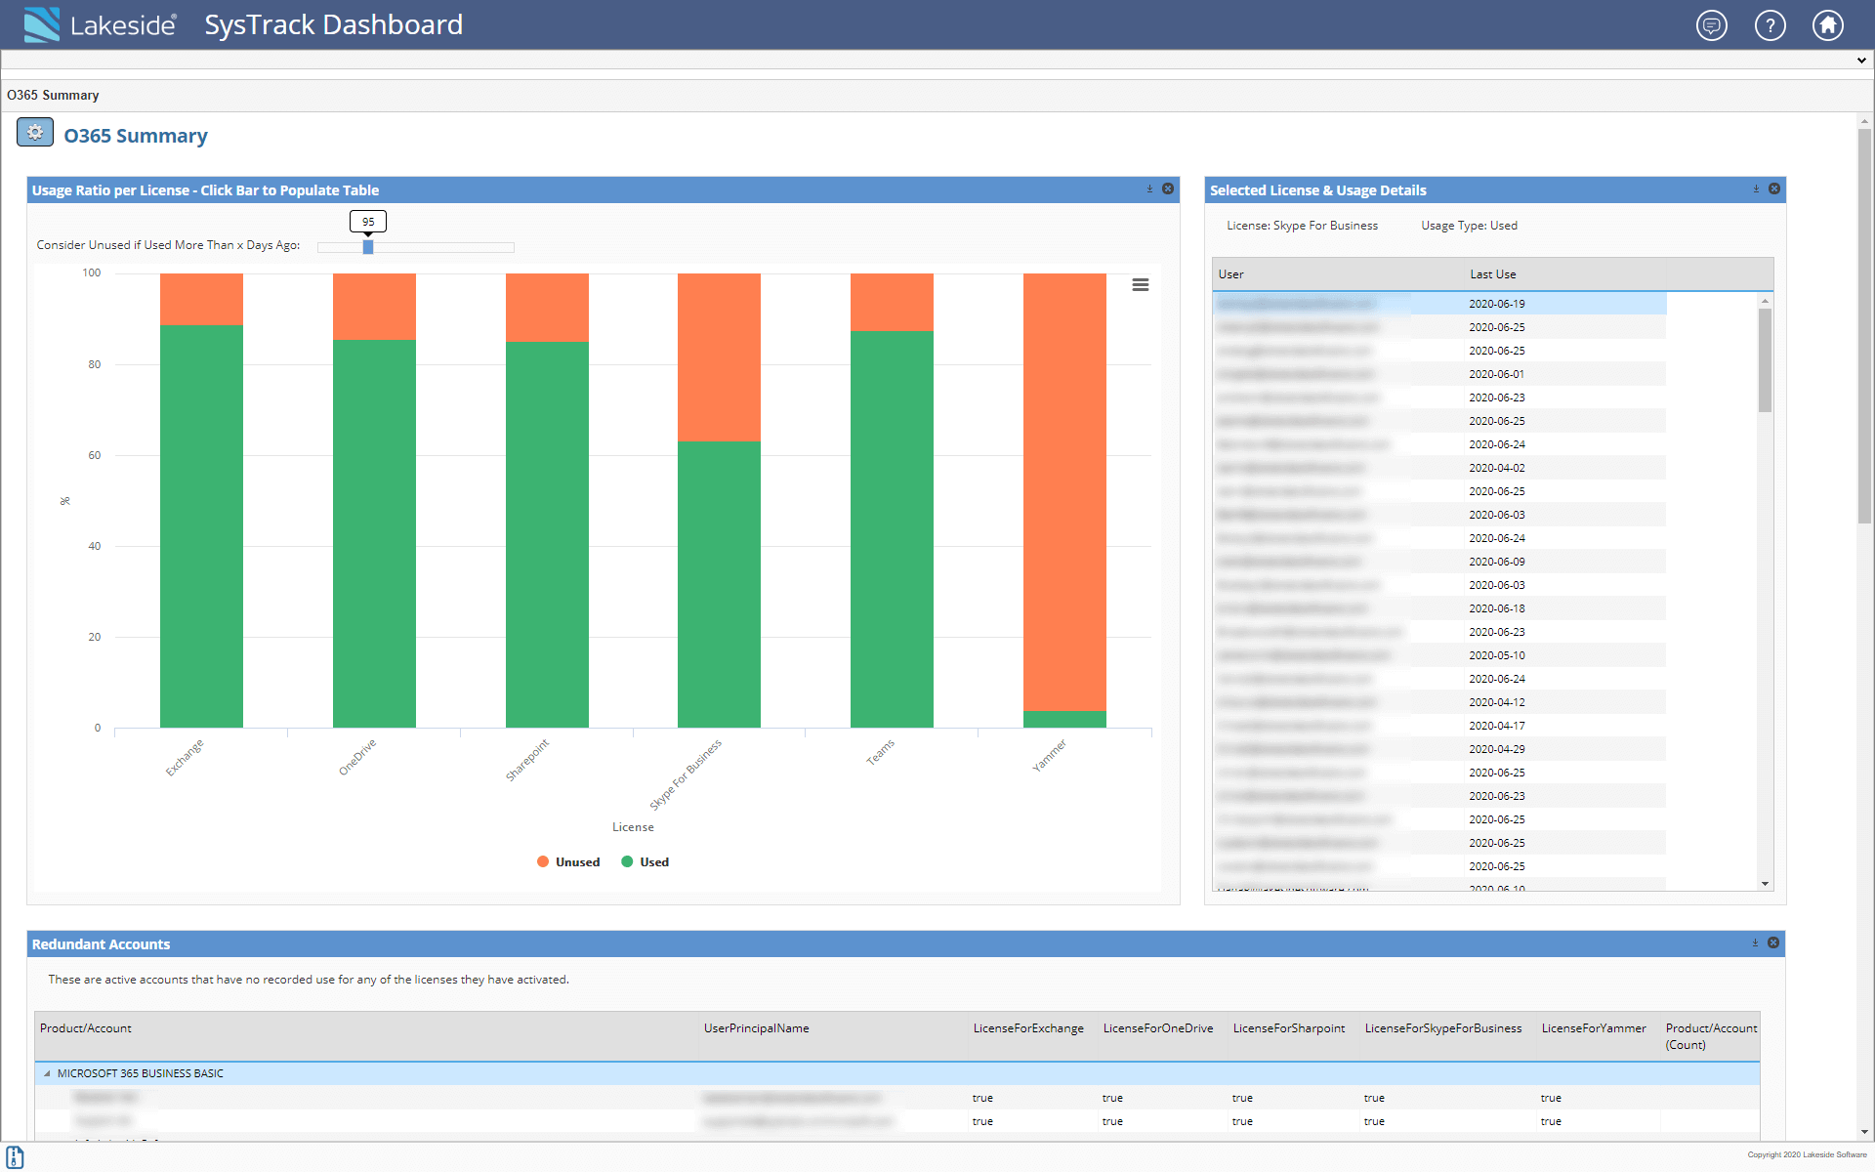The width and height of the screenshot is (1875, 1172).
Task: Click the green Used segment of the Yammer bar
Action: pyautogui.click(x=1064, y=719)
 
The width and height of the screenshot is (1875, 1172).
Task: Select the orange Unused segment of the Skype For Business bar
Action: pyautogui.click(x=719, y=356)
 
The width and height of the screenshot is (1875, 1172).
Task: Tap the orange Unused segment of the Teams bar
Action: pyautogui.click(x=892, y=302)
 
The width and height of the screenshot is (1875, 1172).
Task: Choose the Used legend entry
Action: pyautogui.click(x=646, y=861)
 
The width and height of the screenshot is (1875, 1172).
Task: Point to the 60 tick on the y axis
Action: pyautogui.click(x=95, y=455)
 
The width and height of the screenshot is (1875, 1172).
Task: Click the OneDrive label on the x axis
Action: pyautogui.click(x=357, y=757)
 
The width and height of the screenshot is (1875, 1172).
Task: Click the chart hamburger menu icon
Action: pyautogui.click(x=1140, y=285)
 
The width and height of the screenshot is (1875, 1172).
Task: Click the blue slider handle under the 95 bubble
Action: pyautogui.click(x=368, y=247)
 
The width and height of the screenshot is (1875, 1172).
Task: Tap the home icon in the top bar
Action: pyautogui.click(x=1828, y=25)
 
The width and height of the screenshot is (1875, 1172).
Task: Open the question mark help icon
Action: pyautogui.click(x=1770, y=25)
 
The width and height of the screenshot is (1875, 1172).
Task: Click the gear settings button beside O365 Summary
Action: pyautogui.click(x=35, y=133)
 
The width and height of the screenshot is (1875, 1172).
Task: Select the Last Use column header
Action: pyautogui.click(x=1493, y=274)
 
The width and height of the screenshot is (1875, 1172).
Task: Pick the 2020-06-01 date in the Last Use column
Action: pyautogui.click(x=1496, y=374)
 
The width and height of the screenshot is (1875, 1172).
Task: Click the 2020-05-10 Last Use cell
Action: pyautogui.click(x=1496, y=655)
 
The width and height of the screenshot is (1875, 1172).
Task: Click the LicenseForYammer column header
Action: pyautogui.click(x=1593, y=1028)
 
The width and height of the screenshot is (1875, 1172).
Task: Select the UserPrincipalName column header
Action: pyautogui.click(x=756, y=1028)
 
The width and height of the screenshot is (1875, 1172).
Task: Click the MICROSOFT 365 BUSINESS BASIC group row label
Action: pyautogui.click(x=140, y=1073)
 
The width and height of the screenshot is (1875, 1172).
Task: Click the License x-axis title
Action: pyautogui.click(x=633, y=827)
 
